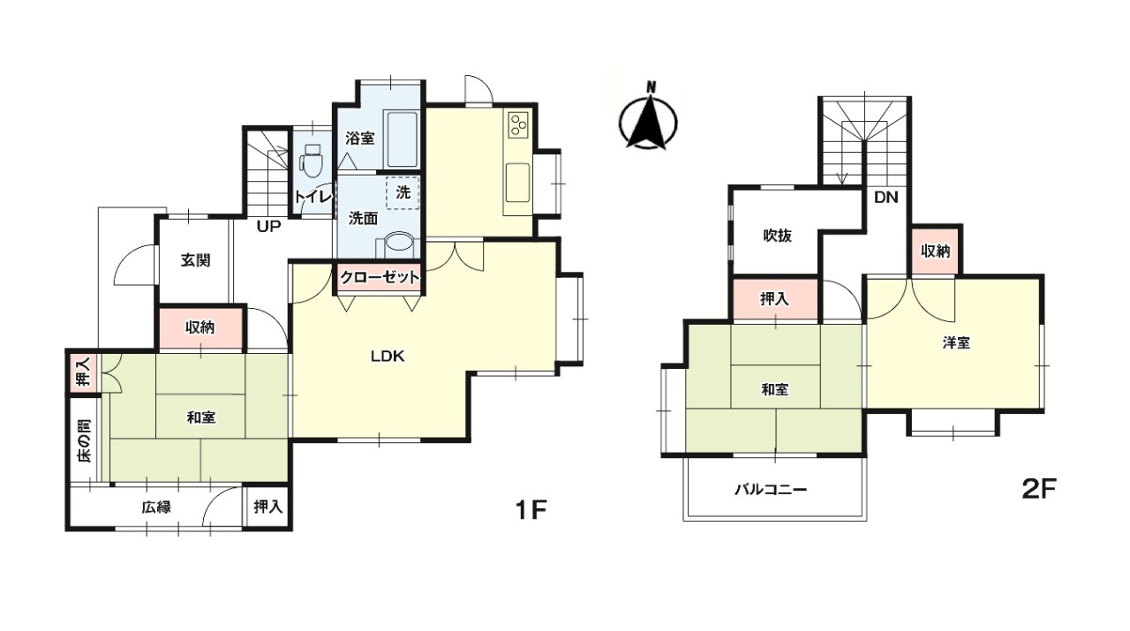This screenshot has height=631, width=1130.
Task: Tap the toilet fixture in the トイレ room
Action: click(310, 160)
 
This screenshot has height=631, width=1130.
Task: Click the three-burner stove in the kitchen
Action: click(517, 124)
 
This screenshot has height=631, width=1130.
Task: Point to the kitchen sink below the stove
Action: click(517, 182)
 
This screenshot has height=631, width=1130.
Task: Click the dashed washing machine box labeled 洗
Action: click(403, 192)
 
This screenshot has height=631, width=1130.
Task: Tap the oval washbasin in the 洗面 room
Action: click(401, 243)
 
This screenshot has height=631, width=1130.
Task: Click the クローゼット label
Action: click(380, 277)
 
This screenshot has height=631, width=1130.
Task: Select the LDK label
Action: click(388, 357)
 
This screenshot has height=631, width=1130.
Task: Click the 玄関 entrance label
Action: click(195, 260)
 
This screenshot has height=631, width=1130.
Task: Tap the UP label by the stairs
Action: click(268, 227)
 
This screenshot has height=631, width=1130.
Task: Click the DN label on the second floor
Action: click(885, 197)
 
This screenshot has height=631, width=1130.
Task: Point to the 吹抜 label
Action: click(777, 236)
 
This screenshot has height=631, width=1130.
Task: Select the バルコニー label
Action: click(771, 489)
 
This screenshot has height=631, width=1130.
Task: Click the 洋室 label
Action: click(956, 343)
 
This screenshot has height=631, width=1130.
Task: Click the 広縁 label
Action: click(156, 507)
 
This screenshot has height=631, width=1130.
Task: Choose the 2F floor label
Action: click(1039, 489)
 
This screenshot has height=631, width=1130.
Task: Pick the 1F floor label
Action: click(531, 510)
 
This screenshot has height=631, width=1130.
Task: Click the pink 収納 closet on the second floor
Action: click(935, 251)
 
